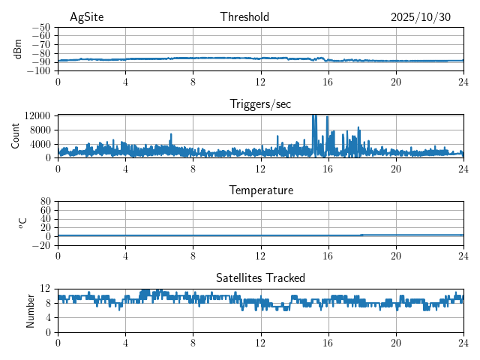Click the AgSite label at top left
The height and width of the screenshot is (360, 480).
pyautogui.click(x=86, y=17)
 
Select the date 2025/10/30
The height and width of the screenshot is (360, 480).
pyautogui.click(x=421, y=17)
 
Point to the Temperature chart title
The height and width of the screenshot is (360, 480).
pyautogui.click(x=260, y=191)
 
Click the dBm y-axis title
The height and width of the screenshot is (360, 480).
pyautogui.click(x=18, y=49)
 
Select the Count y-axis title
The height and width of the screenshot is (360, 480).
pyautogui.click(x=15, y=136)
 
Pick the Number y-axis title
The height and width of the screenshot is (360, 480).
pyautogui.click(x=30, y=310)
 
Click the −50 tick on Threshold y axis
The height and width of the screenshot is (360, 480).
pyautogui.click(x=41, y=27)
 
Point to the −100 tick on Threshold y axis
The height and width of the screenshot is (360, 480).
pyautogui.click(x=39, y=71)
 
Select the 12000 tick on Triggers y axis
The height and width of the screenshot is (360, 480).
pyautogui.click(x=37, y=115)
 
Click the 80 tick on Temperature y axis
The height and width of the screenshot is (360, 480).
pyautogui.click(x=45, y=202)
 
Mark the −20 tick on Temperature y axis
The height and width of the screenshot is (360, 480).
pyautogui.click(x=41, y=245)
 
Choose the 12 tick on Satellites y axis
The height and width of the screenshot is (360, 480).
pyautogui.click(x=45, y=289)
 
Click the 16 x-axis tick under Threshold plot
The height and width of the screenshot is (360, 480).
pyautogui.click(x=328, y=81)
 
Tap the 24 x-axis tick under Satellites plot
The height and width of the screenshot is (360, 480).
pyautogui.click(x=463, y=342)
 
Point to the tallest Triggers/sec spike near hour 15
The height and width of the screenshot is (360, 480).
pyautogui.click(x=313, y=117)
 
